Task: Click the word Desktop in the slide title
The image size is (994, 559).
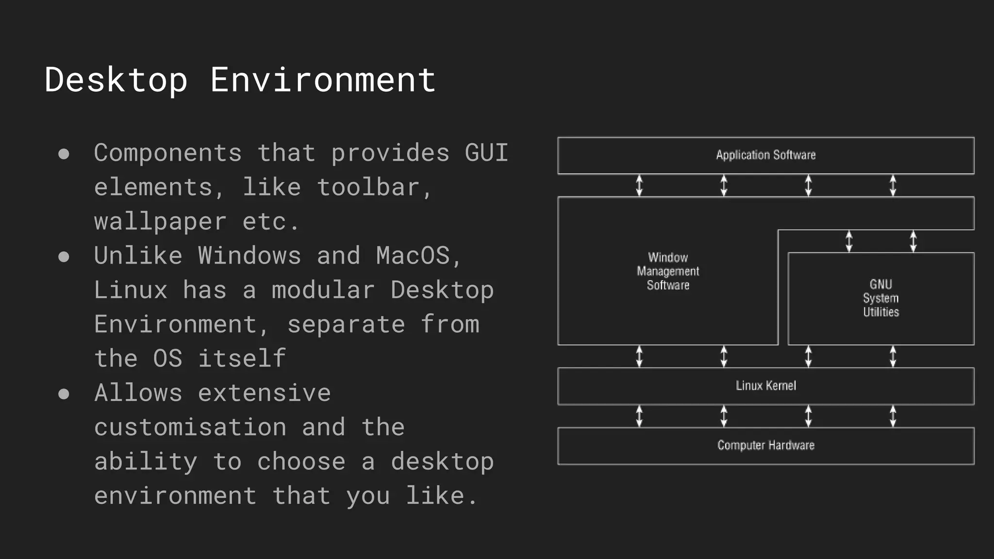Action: click(116, 80)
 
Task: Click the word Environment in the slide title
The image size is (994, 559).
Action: click(323, 80)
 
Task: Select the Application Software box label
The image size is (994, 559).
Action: click(765, 155)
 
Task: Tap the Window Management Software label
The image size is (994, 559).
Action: click(668, 271)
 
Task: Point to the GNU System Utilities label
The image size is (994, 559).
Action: click(880, 298)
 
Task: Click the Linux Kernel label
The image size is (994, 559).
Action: click(765, 386)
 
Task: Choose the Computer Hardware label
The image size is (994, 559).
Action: click(765, 445)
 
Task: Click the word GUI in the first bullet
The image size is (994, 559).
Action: click(486, 153)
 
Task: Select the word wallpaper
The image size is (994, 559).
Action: click(160, 222)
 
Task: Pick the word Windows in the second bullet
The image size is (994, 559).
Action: click(249, 256)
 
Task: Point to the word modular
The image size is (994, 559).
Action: click(323, 290)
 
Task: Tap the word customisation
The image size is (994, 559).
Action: click(190, 427)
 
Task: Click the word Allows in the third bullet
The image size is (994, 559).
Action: click(138, 393)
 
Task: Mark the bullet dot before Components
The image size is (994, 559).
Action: click(64, 154)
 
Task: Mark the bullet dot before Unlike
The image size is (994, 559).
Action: click(64, 257)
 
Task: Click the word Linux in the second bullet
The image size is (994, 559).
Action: click(131, 290)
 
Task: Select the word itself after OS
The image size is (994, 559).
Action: click(242, 359)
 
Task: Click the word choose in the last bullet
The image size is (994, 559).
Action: click(301, 461)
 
